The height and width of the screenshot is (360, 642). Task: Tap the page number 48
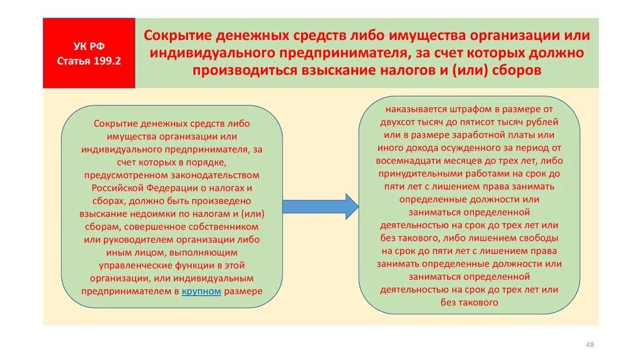589,344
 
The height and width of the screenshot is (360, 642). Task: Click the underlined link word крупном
201,292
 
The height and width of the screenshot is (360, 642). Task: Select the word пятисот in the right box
479,121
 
